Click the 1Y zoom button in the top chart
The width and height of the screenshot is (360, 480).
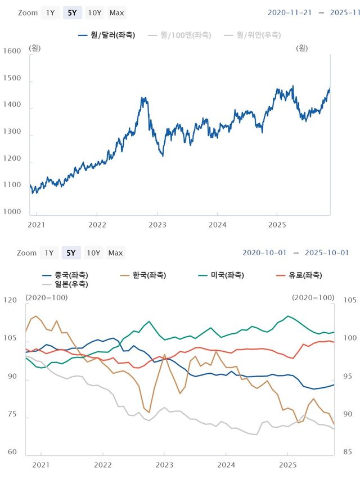point(51,13)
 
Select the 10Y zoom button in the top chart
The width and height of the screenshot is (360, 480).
point(96,13)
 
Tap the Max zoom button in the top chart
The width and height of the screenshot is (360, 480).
point(117,13)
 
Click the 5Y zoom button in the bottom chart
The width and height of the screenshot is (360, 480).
point(71,253)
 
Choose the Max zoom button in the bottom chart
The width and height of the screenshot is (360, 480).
point(116,253)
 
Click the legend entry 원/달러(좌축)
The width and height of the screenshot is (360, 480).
point(107,35)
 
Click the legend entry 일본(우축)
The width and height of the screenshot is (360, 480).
point(64,284)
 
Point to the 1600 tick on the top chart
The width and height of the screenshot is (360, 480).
point(12,51)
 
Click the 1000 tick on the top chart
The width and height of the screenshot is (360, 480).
point(12,212)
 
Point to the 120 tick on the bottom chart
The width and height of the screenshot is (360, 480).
point(10,301)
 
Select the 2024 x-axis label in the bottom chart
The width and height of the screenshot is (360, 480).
point(226,465)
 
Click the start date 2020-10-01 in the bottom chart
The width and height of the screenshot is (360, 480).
point(263,253)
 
